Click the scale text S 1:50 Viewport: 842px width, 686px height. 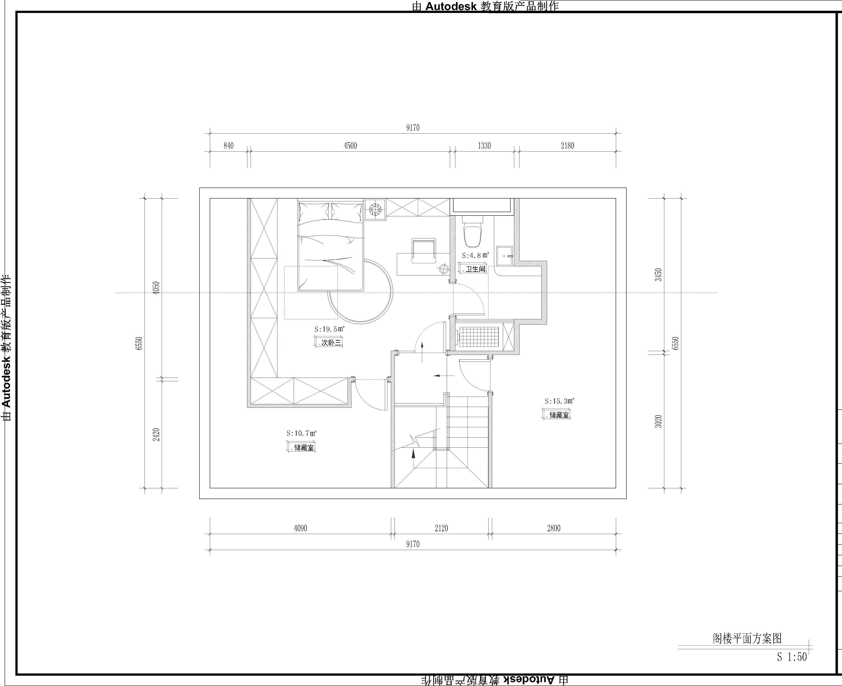792,657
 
